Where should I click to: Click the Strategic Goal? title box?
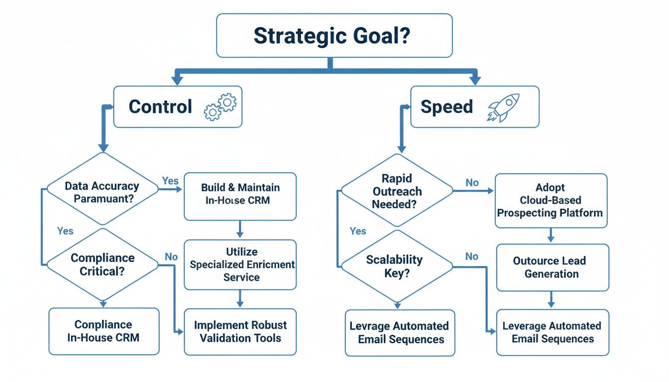click(334, 35)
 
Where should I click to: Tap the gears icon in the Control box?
click(221, 107)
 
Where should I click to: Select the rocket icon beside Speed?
click(503, 107)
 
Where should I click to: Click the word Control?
click(160, 107)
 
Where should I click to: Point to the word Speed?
click(446, 107)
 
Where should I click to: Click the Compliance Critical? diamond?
click(102, 264)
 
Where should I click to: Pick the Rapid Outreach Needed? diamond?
click(396, 191)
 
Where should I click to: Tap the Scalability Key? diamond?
click(396, 266)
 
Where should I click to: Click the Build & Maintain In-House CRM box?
click(240, 195)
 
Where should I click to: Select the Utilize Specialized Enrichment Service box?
click(240, 265)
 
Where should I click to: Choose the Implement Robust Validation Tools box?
click(240, 331)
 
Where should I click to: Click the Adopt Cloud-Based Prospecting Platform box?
click(550, 200)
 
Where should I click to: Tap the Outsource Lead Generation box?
click(552, 267)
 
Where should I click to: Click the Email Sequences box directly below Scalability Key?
click(400, 333)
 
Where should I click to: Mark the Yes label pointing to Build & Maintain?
click(170, 181)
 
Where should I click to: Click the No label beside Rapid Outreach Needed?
click(472, 183)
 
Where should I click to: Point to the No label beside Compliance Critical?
click(171, 257)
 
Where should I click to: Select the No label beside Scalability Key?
click(471, 256)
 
